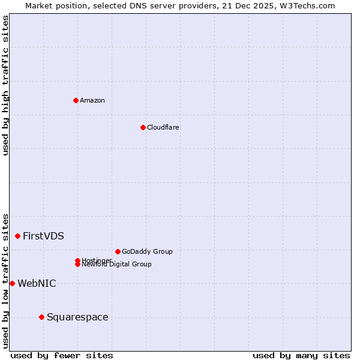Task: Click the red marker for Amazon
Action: [76, 100]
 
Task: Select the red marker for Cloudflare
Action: [143, 127]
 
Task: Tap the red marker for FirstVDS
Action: [18, 236]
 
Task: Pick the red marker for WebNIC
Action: [12, 283]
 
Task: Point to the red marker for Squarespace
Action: [41, 317]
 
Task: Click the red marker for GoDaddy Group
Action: [118, 251]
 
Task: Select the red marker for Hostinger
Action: [77, 260]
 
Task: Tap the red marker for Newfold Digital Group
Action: [78, 265]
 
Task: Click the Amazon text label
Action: [92, 100]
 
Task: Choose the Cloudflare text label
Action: [163, 127]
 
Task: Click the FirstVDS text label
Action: [43, 236]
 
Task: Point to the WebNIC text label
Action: [37, 283]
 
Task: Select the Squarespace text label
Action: [77, 317]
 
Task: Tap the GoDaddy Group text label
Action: [147, 251]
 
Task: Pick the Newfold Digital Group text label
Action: [117, 265]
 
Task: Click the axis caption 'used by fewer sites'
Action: [62, 355]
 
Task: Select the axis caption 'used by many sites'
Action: [301, 355]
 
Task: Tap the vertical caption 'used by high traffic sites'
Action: [5, 85]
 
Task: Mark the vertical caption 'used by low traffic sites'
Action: [5, 281]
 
